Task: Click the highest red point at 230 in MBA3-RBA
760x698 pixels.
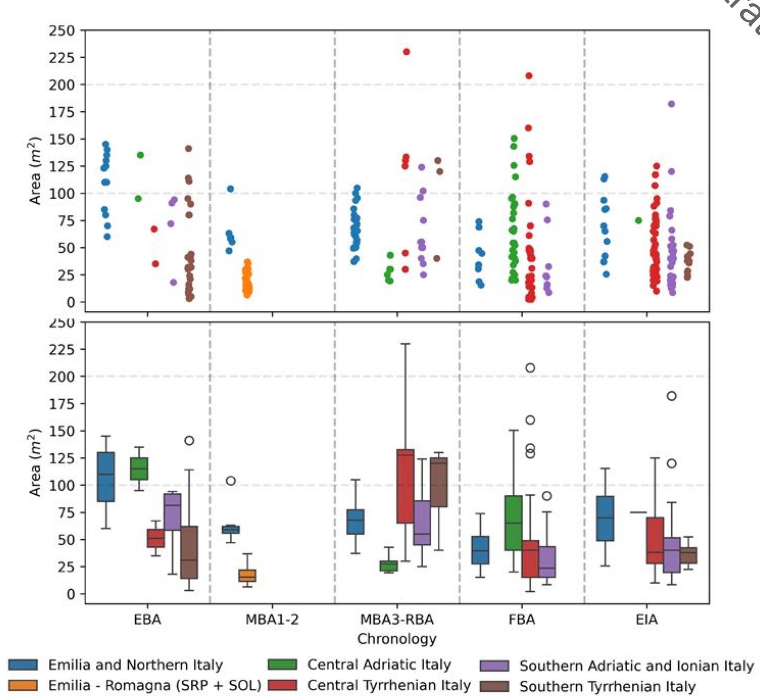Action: (406, 52)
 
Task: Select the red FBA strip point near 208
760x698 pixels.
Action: (529, 76)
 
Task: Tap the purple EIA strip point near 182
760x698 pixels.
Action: (671, 104)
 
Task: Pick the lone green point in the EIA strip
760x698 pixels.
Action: (639, 220)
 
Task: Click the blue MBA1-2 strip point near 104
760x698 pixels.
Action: (230, 189)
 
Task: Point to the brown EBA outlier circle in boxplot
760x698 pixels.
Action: (189, 440)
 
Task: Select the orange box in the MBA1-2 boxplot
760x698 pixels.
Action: (248, 575)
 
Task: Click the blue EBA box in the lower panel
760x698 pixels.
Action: (106, 476)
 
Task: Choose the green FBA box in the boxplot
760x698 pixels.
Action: (513, 523)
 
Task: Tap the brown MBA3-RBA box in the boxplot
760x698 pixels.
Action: (438, 482)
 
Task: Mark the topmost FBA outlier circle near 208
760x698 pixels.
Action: (530, 368)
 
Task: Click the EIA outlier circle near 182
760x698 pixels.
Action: (672, 396)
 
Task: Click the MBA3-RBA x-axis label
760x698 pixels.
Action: (397, 619)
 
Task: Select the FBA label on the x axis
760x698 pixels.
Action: (522, 619)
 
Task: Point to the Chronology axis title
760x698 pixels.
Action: (397, 639)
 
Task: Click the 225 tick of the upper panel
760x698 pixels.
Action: (61, 58)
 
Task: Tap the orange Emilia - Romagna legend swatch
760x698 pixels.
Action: (23, 685)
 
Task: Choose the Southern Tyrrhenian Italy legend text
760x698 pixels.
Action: (607, 686)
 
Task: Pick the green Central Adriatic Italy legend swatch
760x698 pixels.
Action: (282, 664)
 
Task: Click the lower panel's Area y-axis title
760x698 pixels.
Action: (35, 463)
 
